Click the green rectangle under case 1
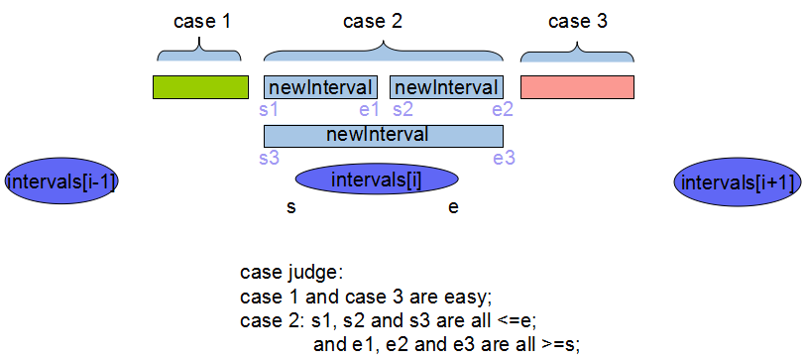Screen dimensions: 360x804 tap(199, 87)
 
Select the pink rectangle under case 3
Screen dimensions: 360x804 tap(577, 87)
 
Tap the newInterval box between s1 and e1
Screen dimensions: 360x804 tap(320, 87)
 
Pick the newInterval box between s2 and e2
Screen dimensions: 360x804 tap(446, 87)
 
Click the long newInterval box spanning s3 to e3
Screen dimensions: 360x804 tap(383, 135)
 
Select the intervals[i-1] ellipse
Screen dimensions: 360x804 tap(61, 181)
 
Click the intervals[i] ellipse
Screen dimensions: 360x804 tap(377, 180)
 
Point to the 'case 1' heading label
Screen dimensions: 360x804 tap(201, 20)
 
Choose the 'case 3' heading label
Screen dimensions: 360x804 tap(577, 20)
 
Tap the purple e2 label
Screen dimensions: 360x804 tap(503, 109)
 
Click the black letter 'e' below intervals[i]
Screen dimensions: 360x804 tap(452, 208)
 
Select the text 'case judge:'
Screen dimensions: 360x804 tap(291, 273)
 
